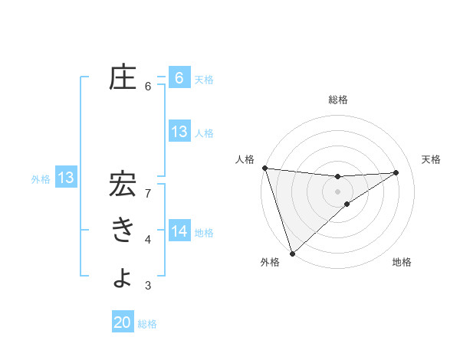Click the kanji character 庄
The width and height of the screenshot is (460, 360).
tap(123, 77)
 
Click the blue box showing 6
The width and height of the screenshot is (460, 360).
tap(179, 77)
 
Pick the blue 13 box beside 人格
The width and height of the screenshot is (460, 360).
tap(179, 132)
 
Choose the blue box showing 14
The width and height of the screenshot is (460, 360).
tap(179, 231)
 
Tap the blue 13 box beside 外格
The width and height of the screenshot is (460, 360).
tap(65, 178)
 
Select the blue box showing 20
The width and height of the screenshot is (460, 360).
tap(123, 322)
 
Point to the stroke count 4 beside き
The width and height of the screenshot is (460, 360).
tap(148, 241)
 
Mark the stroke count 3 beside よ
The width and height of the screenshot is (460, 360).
tap(148, 286)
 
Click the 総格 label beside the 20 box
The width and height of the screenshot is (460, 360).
tap(147, 324)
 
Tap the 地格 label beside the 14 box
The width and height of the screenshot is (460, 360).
tap(204, 232)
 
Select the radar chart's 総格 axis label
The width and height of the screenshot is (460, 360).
tap(337, 100)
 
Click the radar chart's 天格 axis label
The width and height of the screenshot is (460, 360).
tap(431, 159)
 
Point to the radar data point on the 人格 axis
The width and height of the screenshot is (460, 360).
tap(264, 168)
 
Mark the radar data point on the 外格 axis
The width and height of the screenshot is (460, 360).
tap(292, 252)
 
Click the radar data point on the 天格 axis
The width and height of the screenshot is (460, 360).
tap(396, 172)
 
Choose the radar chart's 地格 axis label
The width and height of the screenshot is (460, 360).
tap(402, 262)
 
